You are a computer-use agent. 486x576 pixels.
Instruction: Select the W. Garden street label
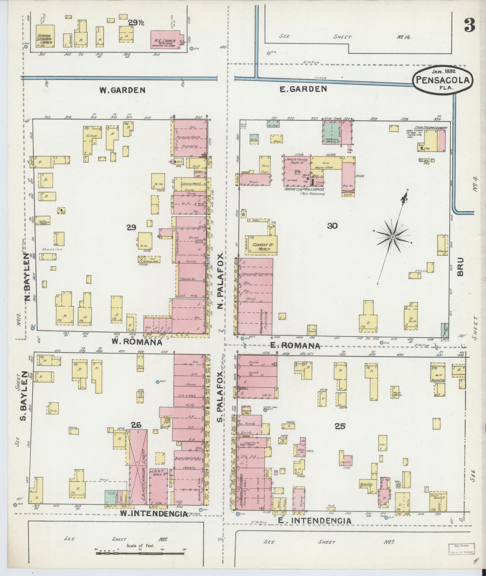(x=122, y=90)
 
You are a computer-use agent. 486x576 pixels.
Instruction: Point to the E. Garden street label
(x=303, y=89)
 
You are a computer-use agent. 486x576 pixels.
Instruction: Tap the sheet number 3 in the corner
(x=469, y=25)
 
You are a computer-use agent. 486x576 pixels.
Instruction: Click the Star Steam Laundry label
(x=431, y=128)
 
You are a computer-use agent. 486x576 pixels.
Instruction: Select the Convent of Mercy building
(x=261, y=247)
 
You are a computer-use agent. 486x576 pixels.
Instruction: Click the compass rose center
(x=393, y=237)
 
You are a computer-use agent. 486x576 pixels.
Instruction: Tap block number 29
(x=131, y=228)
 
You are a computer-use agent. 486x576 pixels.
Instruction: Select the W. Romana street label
(x=137, y=342)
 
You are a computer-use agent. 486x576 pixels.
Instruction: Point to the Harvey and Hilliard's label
(x=304, y=189)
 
